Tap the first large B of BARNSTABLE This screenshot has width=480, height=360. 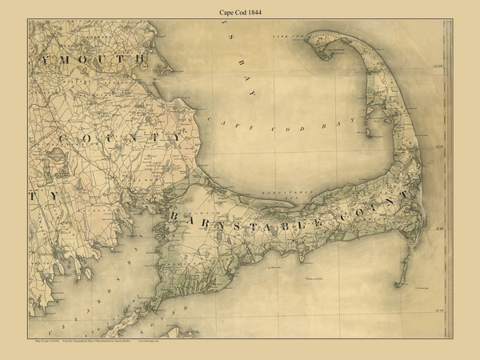[x=171, y=218]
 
